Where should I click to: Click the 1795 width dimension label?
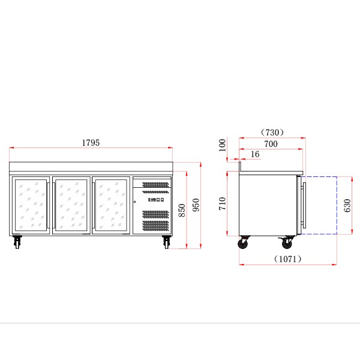pyautogui.click(x=91, y=143)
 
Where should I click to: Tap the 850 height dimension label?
pyautogui.click(x=182, y=210)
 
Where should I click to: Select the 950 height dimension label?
pyautogui.click(x=196, y=205)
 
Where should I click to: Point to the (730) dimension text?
pyautogui.click(x=272, y=133)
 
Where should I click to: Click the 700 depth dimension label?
pyautogui.click(x=271, y=144)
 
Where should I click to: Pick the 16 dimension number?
pyautogui.click(x=255, y=154)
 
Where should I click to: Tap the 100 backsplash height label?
pyautogui.click(x=223, y=145)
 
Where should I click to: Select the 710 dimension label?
pyautogui.click(x=223, y=203)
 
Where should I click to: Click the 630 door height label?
pyautogui.click(x=347, y=205)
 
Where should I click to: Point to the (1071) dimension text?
pyautogui.click(x=287, y=259)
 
